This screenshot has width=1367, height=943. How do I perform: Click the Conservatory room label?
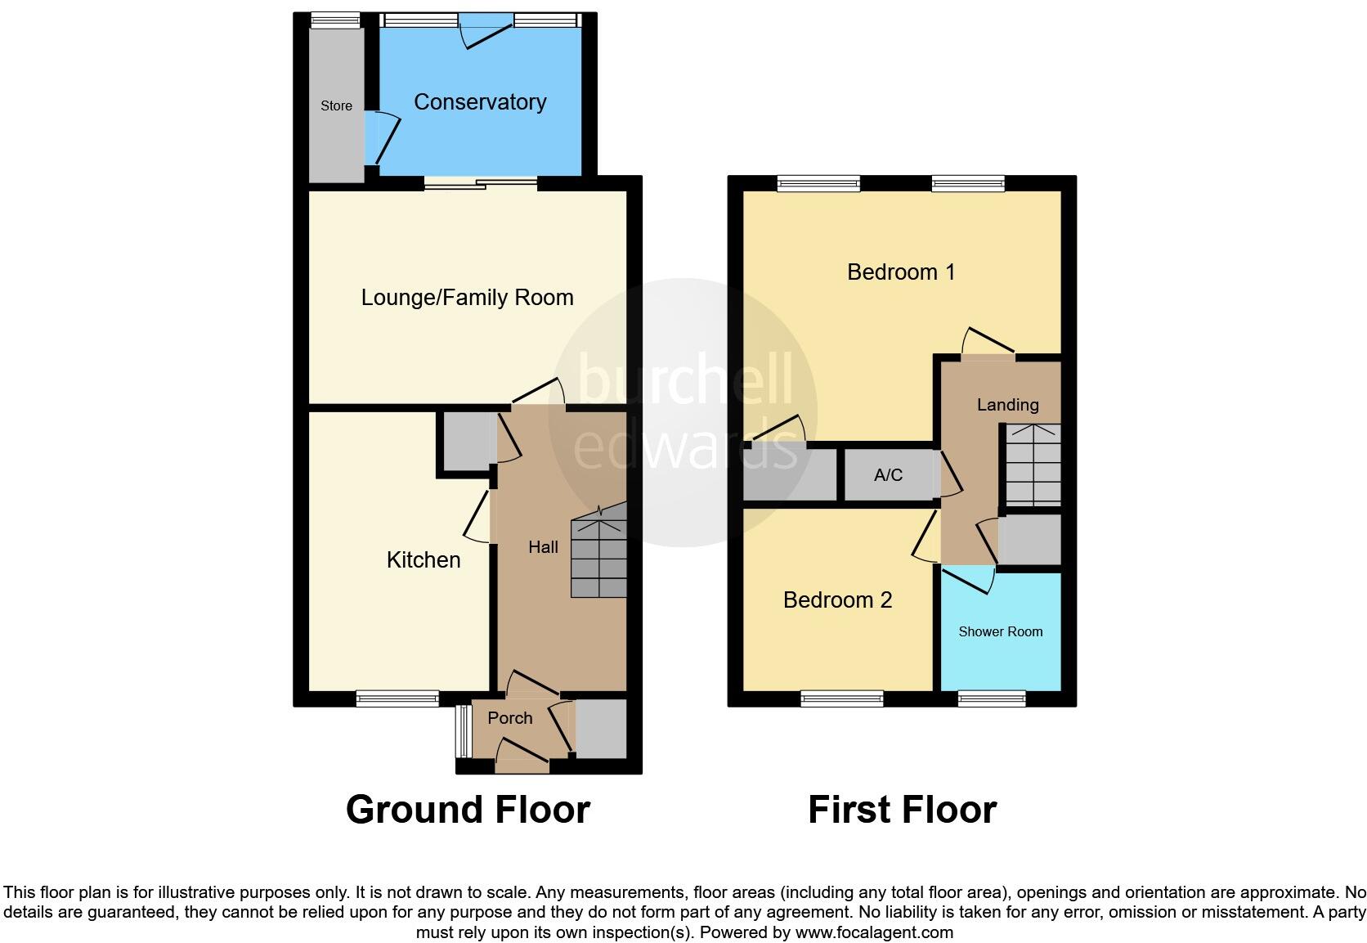pos(480,102)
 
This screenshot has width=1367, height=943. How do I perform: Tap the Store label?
pos(336,106)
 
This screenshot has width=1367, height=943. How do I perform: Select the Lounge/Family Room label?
pos(467,298)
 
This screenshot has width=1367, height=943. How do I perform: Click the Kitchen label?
pos(424,560)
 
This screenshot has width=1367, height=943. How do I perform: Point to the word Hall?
pos(543,547)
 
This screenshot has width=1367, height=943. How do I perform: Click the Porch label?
pos(509,718)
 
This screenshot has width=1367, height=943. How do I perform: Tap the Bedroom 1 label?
pos(901,272)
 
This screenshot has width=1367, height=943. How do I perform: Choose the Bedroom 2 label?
pos(837,600)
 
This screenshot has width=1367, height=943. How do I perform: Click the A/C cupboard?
pos(888,475)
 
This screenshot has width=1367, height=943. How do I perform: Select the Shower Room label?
pos(1000,631)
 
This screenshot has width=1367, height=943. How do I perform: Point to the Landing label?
pos(1007,405)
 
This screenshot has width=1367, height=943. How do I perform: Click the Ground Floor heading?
pos(468,810)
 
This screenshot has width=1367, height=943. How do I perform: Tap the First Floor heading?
pos(902,810)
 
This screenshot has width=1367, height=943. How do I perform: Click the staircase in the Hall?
pos(598,552)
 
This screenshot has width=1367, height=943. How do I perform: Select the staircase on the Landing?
pos(1032,464)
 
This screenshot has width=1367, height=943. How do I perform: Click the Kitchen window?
pos(397,698)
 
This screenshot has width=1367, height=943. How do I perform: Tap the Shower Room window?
pos(992,698)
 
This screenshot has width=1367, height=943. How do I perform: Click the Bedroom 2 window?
pos(842,698)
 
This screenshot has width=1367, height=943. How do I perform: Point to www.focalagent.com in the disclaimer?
pos(873,932)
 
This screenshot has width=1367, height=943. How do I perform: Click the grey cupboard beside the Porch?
pos(601,728)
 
